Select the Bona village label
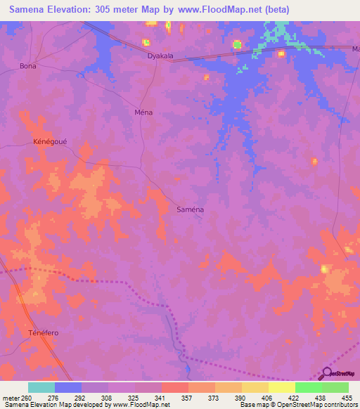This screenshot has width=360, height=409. point(28,66)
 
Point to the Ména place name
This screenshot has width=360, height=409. point(143,112)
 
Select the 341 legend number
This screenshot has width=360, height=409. point(160,398)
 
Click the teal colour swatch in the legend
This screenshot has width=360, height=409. point(41,387)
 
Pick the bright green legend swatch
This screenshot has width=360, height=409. point(308,387)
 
